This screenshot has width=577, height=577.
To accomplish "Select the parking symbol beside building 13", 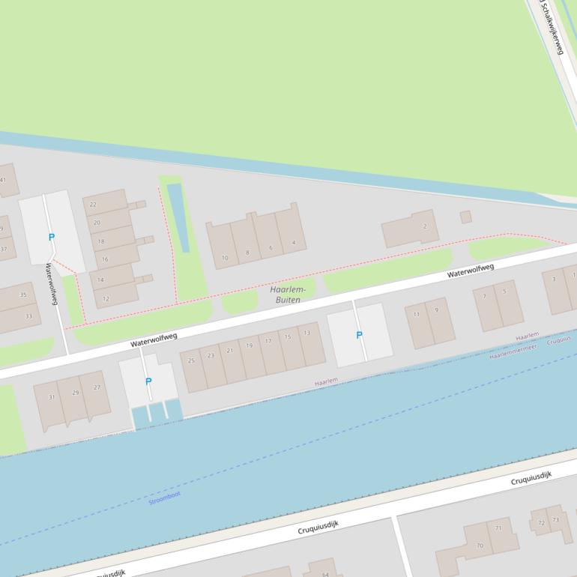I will coord(359,335).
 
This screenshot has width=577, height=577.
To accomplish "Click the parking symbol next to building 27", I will coord(148,381).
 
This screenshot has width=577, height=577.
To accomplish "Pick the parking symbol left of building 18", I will coord(52,238).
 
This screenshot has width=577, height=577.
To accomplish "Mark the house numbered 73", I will coord(556,519).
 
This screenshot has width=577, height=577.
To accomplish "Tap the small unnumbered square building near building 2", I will coord(465,217).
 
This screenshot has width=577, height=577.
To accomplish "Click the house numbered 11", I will coord(417,314).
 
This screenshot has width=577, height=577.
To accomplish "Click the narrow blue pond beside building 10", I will coord(179,217).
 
